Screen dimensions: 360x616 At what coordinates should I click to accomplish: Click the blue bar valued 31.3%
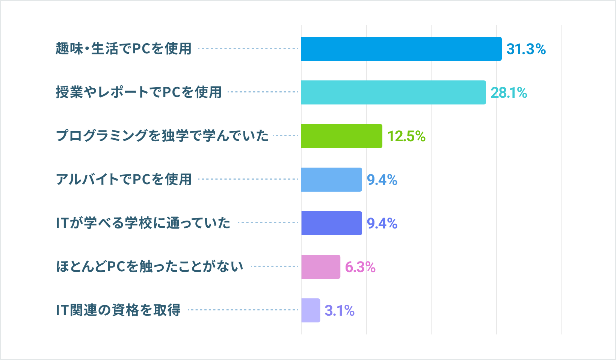point(401,49)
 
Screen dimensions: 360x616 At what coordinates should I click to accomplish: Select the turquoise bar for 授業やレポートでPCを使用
point(393,92)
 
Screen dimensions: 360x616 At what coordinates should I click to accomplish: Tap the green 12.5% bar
point(341,136)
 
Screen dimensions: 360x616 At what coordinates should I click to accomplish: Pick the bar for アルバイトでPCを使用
point(331,180)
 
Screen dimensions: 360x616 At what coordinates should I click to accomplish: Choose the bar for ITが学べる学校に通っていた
point(331,223)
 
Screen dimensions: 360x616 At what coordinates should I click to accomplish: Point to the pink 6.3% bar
point(320,267)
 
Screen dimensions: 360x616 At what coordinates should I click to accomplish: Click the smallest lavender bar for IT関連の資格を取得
point(311,310)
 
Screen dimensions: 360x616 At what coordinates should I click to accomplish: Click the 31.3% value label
point(526,49)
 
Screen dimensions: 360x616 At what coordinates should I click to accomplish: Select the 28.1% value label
point(509,93)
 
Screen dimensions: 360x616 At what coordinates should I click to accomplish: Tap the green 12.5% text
point(406,136)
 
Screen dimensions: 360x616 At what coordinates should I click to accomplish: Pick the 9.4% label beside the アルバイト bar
point(382,180)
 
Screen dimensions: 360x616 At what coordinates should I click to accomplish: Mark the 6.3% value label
point(360,267)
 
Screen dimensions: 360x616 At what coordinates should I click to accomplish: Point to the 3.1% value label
point(340,311)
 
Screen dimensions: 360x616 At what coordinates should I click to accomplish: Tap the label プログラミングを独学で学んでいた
point(162,136)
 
